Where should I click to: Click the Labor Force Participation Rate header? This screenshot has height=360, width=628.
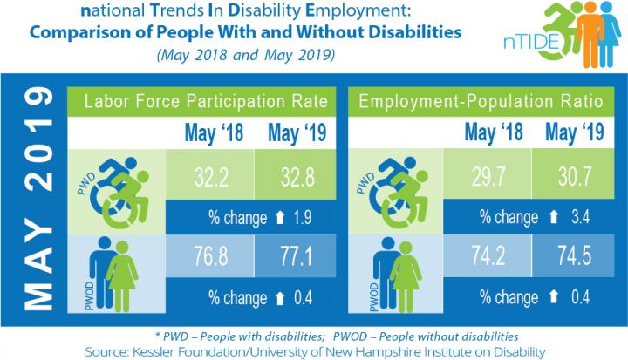206,103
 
